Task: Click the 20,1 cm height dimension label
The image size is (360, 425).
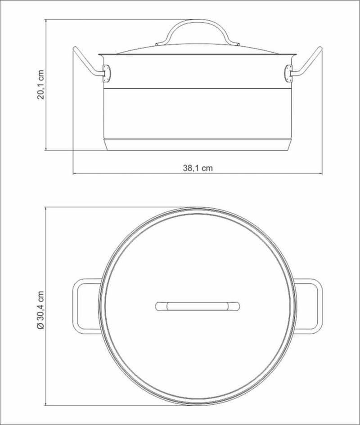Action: [x=40, y=85]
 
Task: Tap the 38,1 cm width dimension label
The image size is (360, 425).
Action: [x=198, y=168]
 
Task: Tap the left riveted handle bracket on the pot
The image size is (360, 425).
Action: [x=107, y=73]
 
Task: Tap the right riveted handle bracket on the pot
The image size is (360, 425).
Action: [x=288, y=73]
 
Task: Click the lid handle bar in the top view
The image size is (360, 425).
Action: [x=198, y=306]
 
